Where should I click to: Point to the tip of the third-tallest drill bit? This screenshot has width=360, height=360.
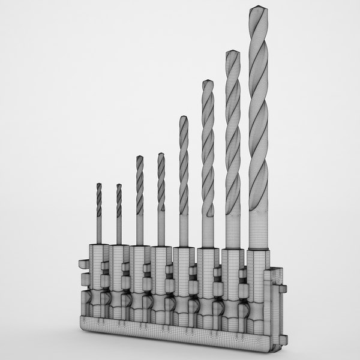pyautogui.click(x=208, y=81)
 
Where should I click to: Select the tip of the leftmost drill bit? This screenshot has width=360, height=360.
pyautogui.click(x=99, y=185)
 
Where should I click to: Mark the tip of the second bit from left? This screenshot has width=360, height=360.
pyautogui.click(x=119, y=185)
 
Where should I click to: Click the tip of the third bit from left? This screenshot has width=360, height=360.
pyautogui.click(x=139, y=157)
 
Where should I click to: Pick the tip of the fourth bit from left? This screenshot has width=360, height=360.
pyautogui.click(x=161, y=154)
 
